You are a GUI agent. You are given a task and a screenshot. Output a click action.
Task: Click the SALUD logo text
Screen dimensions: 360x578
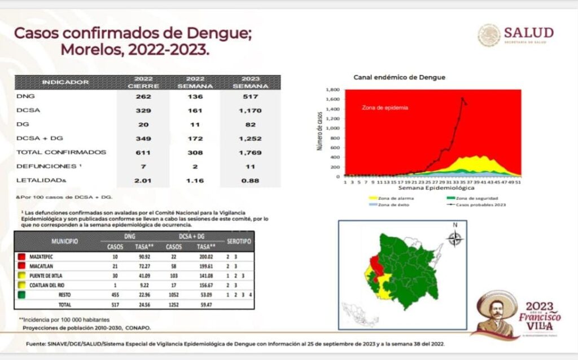point(528,32)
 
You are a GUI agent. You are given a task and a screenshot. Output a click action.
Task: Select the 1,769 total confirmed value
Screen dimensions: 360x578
point(246,152)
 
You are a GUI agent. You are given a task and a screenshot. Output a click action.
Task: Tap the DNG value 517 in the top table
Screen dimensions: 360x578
point(246,96)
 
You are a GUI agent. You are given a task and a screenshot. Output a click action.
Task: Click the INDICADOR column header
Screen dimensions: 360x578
point(65,82)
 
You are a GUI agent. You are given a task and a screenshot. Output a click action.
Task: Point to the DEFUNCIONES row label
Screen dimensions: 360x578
point(47,166)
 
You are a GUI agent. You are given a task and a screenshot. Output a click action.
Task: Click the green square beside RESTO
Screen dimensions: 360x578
point(21,294)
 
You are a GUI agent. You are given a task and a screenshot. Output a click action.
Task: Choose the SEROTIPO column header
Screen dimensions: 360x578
point(239,241)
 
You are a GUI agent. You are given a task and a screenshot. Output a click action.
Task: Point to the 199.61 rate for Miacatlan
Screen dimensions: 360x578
point(204,266)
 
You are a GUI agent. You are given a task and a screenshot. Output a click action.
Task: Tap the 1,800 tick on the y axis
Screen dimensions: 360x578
point(332,90)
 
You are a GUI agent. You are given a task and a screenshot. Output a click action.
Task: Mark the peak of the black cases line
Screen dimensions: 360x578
point(463,98)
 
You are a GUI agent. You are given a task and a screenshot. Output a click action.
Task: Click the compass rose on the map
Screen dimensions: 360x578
point(454,239)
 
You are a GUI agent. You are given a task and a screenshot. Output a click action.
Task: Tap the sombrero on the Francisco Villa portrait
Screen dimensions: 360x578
point(497,300)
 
